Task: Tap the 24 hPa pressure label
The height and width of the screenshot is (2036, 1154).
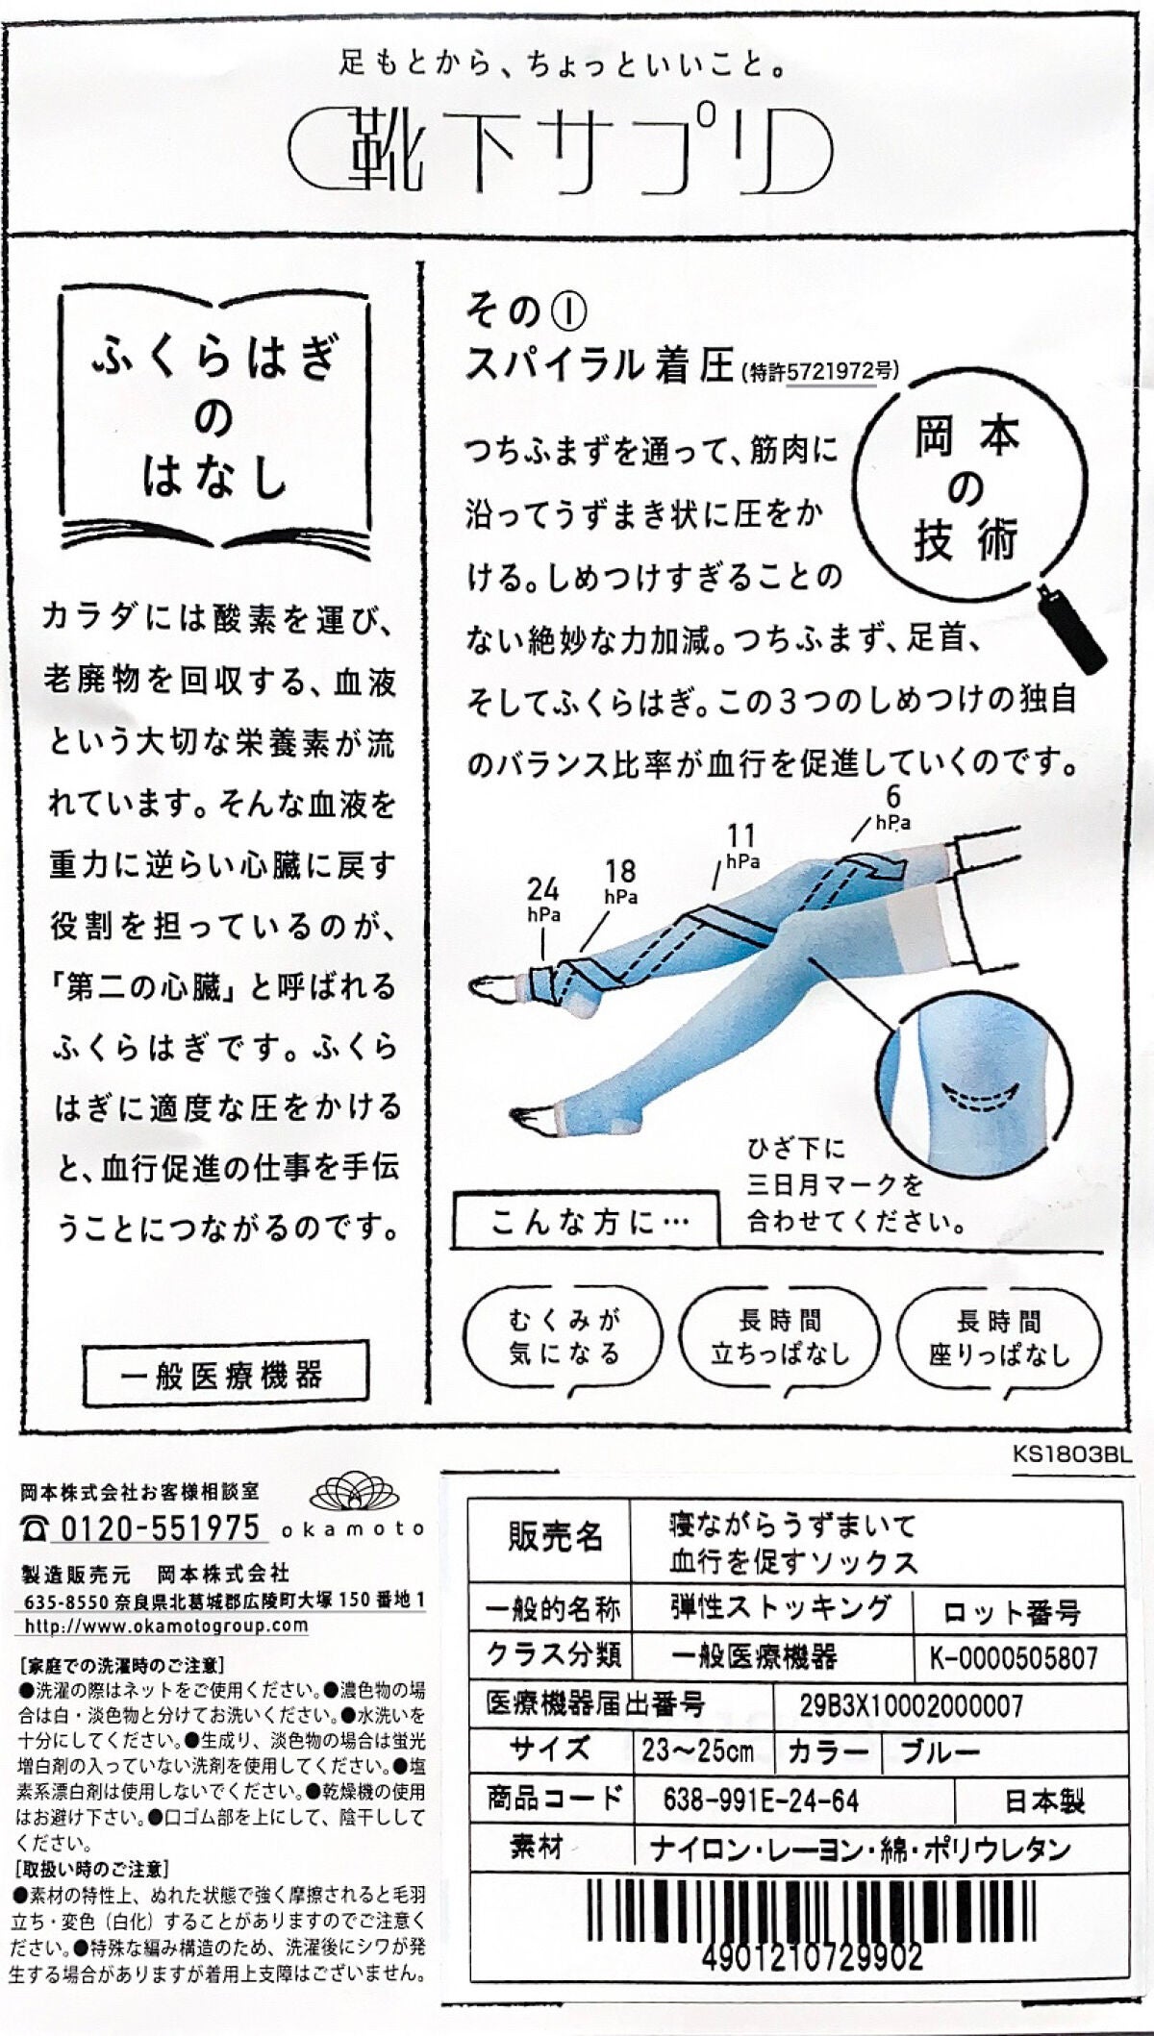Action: [544, 898]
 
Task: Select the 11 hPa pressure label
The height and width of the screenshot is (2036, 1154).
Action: [741, 846]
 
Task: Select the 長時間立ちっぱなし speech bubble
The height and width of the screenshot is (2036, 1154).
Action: [780, 1338]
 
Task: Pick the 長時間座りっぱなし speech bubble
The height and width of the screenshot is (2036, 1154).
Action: [999, 1338]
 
